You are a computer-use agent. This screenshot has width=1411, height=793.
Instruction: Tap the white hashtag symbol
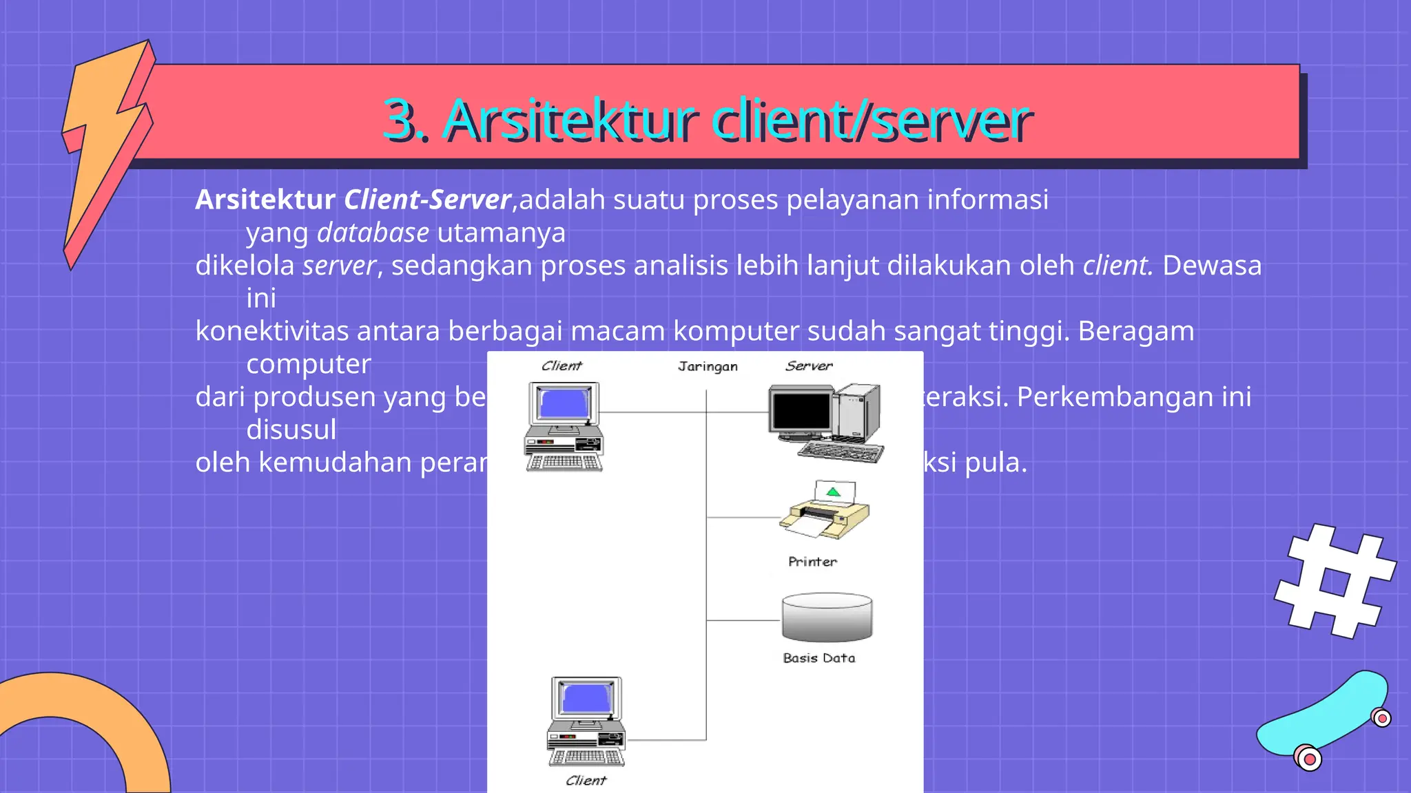1335,581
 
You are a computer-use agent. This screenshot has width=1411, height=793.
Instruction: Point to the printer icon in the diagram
825,512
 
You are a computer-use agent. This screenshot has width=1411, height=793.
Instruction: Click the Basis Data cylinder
827,617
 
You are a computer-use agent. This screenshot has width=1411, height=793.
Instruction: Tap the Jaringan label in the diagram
708,366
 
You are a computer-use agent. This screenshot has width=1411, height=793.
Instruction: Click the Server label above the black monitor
809,366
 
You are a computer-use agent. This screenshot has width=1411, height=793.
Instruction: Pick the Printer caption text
812,562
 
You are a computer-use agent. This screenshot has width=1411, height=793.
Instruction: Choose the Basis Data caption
818,658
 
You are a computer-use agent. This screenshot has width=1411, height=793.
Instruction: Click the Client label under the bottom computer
586,781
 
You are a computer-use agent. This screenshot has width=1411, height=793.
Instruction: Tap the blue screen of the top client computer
564,403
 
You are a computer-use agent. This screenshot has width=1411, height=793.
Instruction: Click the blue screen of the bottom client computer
587,698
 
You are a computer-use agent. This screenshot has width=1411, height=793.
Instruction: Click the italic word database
373,233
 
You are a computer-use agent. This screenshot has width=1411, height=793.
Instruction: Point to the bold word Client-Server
427,200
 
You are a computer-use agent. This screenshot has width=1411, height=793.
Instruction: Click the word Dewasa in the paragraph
1212,266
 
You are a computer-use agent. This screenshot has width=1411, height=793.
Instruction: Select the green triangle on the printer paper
834,491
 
